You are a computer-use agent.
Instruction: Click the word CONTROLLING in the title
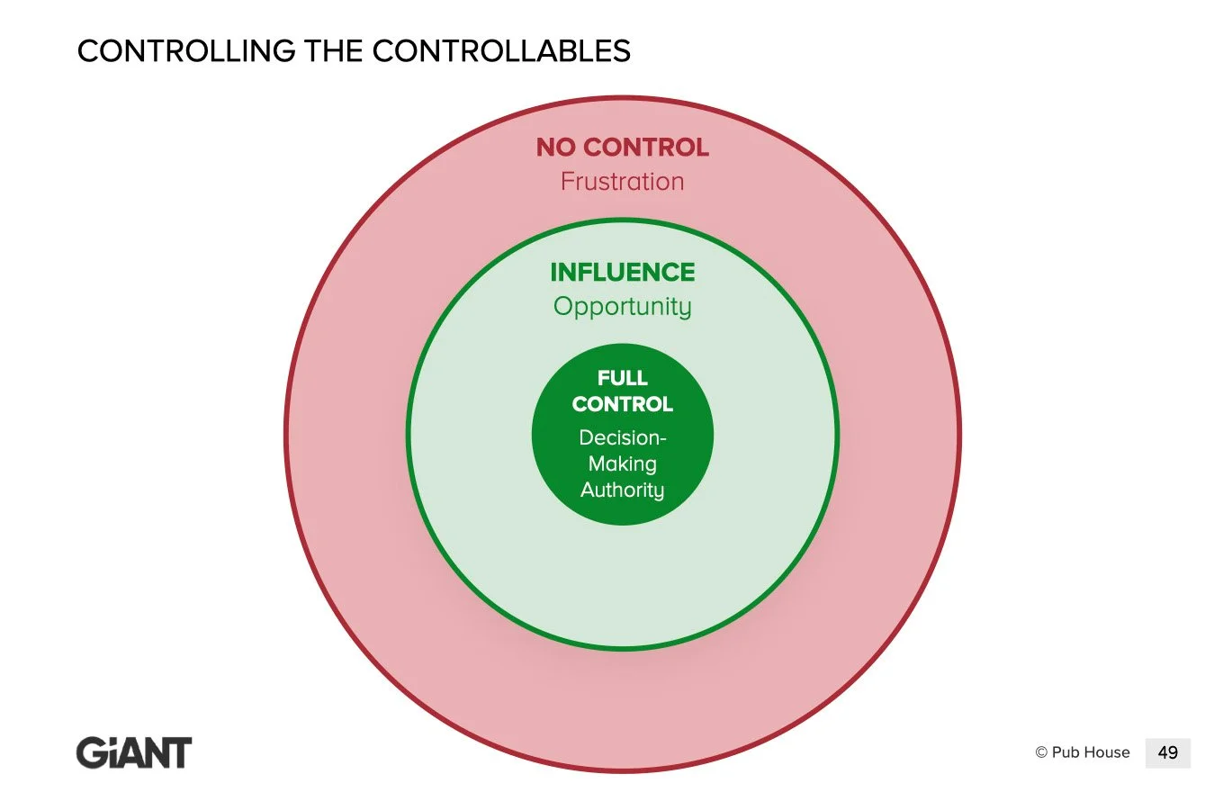pos(185,51)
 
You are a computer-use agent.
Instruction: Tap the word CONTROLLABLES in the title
pos(501,51)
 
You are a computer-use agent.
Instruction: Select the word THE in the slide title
pos(333,51)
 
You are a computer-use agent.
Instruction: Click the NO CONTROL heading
pos(623,148)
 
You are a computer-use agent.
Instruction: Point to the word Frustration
pos(623,182)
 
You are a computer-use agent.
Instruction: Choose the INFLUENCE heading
pos(623,273)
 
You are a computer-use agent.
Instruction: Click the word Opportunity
pos(623,307)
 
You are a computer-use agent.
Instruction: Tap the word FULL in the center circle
pos(623,378)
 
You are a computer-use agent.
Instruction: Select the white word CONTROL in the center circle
pos(623,404)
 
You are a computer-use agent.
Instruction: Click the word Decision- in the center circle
pos(623,438)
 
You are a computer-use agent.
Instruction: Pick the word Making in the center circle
pos(623,464)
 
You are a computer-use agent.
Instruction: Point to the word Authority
pos(623,490)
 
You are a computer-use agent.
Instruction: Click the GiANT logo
pos(134,753)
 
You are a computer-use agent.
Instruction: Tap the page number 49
pos(1168,753)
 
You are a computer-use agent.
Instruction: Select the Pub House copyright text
pos(1083,752)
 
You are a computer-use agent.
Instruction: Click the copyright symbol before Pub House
pos(1041,753)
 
